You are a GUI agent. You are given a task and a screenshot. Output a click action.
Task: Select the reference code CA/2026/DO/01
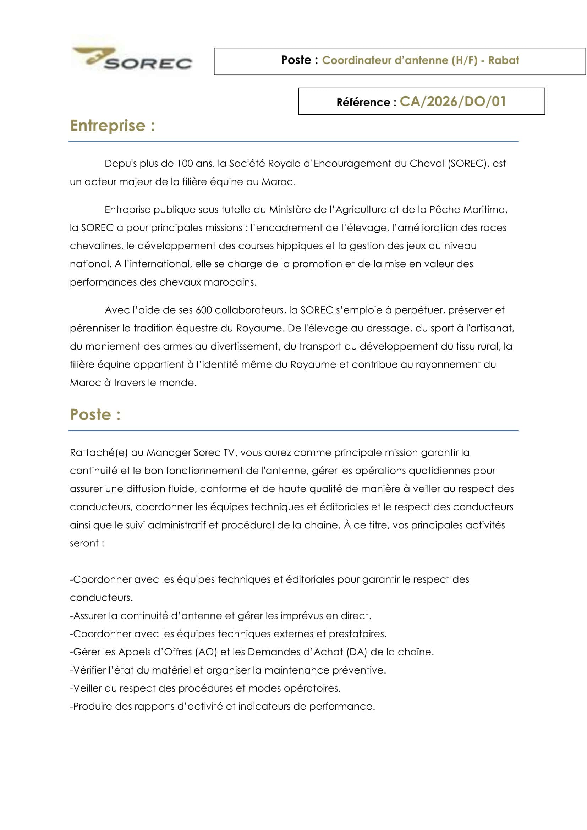(452, 101)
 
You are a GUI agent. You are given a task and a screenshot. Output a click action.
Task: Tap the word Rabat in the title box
(504, 60)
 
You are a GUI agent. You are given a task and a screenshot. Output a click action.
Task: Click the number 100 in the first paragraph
(185, 164)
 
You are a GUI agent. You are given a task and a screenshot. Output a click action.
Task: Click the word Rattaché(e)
(99, 452)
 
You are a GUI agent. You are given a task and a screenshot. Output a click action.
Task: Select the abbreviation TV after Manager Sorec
(229, 452)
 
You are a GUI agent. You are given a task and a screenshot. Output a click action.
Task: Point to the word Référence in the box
(363, 103)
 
